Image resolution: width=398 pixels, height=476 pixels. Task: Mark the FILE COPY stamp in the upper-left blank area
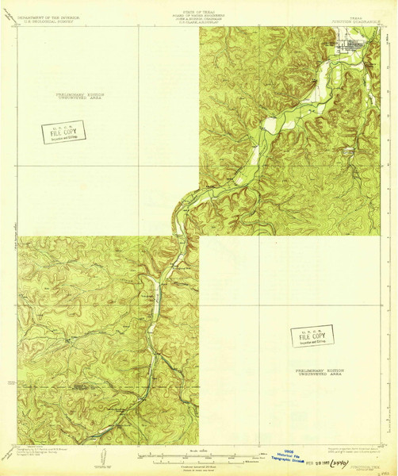[63, 132]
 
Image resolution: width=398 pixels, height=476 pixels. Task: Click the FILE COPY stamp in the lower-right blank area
[312, 336]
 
